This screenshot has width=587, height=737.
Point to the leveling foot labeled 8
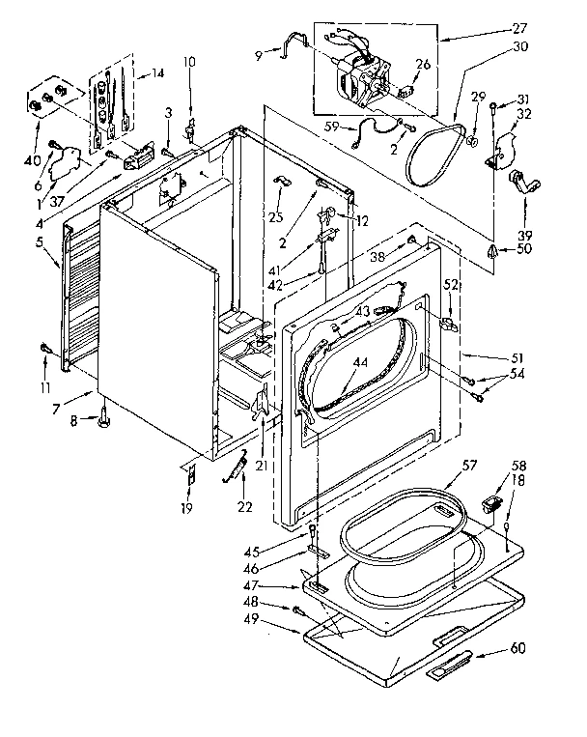[x=103, y=418]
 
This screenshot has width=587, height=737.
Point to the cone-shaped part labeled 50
[x=493, y=252]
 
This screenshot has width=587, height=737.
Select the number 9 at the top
[x=258, y=55]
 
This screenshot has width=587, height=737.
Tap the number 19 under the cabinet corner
[x=187, y=508]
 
